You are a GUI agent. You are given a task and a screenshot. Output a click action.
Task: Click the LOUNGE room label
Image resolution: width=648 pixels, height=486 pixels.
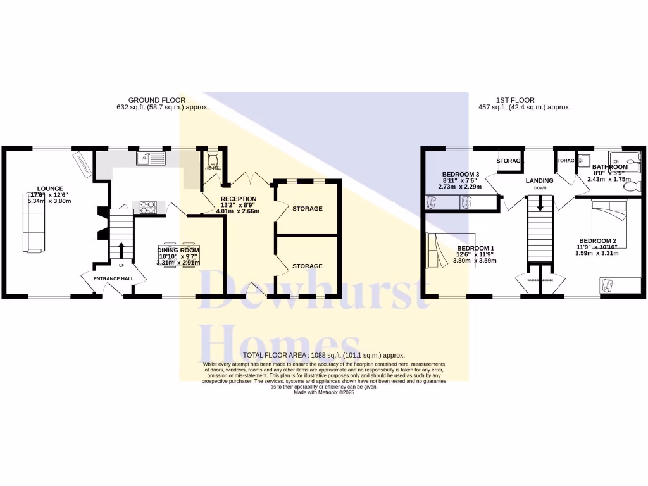tap(50, 188)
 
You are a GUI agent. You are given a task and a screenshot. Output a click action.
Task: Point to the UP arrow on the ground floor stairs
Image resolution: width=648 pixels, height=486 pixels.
tap(120, 248)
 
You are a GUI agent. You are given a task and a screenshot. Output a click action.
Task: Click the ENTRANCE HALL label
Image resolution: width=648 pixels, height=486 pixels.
tap(114, 278)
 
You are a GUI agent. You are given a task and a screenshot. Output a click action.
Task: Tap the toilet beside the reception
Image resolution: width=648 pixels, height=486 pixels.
tap(212, 156)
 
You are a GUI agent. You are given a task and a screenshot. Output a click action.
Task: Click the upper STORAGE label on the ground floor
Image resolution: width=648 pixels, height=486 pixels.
tap(307, 208)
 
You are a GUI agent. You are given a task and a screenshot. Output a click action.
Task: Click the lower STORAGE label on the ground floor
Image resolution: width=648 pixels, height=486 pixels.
tap(307, 266)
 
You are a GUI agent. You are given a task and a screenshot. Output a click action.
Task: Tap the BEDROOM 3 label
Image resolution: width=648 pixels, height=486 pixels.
tap(460, 174)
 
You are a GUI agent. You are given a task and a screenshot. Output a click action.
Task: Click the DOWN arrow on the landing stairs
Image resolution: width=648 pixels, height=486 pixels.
tap(540, 204)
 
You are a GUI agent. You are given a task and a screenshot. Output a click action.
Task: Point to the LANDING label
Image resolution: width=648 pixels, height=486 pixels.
tap(539, 180)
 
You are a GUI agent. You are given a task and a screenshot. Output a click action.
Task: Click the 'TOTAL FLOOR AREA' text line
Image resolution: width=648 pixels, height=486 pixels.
tap(323, 356)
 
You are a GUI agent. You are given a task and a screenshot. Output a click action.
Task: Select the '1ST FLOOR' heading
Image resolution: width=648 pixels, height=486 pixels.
tap(515, 100)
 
